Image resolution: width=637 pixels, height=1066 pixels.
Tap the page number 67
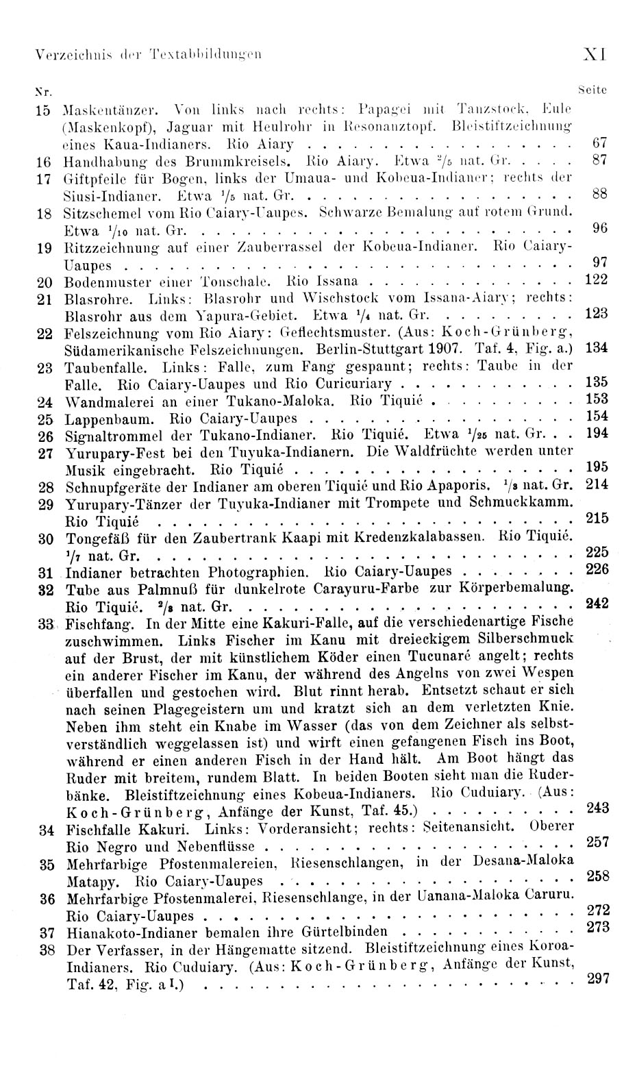pos(599,144)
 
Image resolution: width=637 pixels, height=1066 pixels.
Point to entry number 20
pos(45,282)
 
